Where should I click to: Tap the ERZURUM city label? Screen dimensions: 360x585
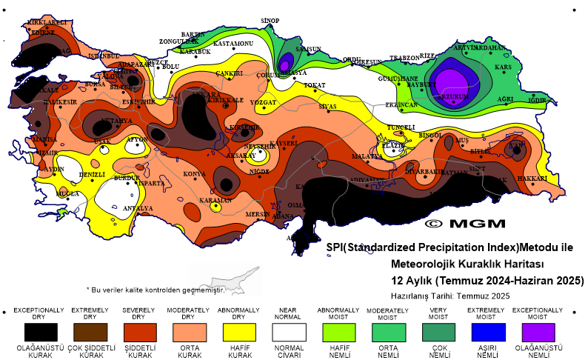point(453,96)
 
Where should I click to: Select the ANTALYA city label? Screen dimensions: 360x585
point(138,208)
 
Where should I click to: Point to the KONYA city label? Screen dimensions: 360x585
point(194,174)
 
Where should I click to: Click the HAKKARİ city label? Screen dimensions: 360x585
point(532,179)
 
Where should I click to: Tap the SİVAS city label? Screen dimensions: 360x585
point(327,107)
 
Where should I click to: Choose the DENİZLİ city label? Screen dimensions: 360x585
point(93,174)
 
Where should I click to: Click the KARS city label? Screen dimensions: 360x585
point(504,67)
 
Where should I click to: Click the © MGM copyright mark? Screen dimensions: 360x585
point(465,223)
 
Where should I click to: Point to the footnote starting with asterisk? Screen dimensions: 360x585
point(156,290)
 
